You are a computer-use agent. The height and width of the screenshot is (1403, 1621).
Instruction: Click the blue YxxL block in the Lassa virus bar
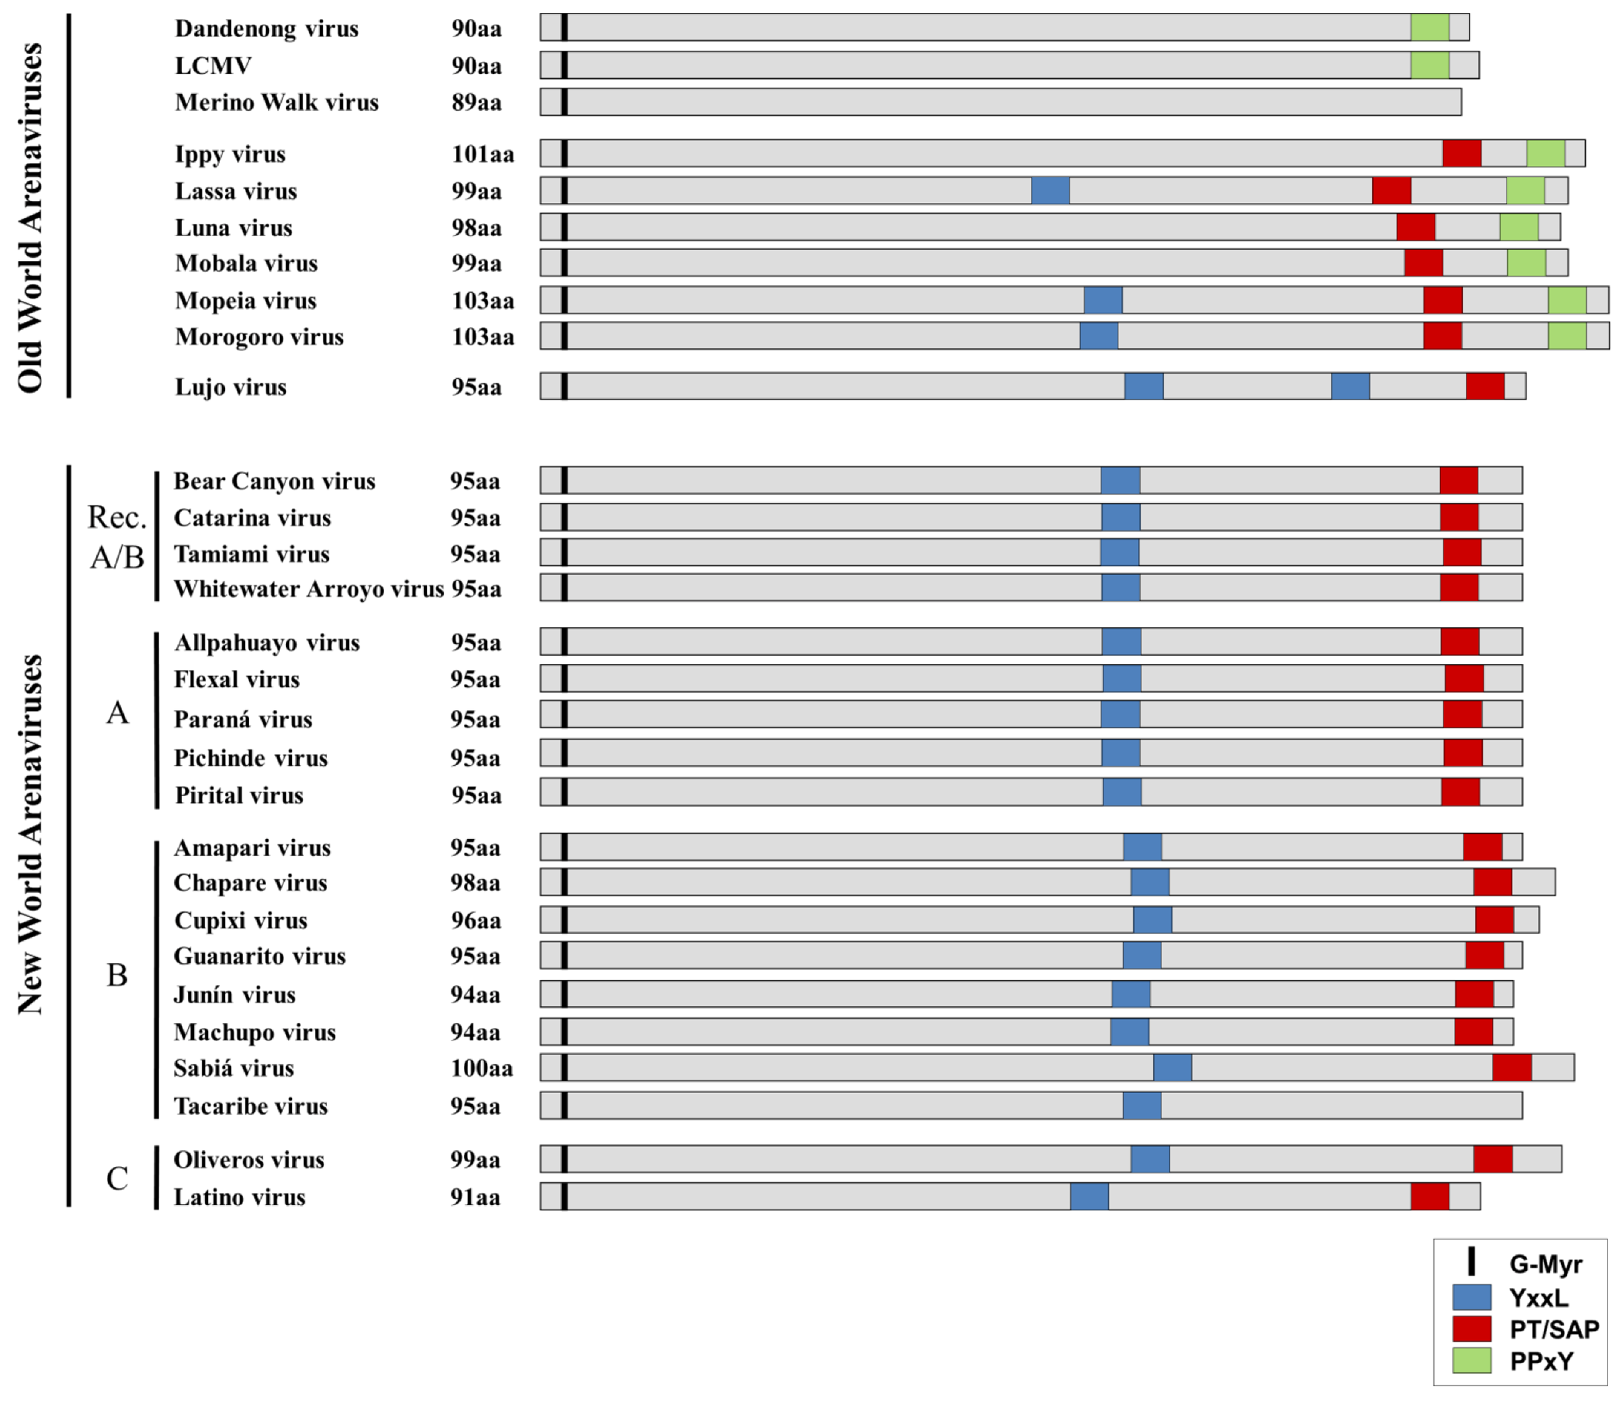1050,191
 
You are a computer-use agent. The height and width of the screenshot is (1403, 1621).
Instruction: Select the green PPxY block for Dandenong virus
1429,28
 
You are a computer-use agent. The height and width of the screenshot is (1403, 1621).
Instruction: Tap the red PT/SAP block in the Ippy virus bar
1461,153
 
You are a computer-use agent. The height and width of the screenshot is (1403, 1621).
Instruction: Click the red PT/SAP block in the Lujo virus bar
1485,386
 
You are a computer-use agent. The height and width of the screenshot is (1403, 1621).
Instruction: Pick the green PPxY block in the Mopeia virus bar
1567,300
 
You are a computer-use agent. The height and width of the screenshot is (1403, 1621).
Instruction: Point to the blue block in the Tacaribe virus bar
1142,1106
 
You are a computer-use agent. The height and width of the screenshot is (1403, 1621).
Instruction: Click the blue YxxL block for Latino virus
1089,1197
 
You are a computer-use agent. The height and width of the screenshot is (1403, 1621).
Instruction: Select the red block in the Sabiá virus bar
1512,1067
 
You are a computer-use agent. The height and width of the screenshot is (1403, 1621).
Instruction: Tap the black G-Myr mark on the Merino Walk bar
563,102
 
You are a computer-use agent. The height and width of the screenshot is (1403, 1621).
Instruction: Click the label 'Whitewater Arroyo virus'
308,589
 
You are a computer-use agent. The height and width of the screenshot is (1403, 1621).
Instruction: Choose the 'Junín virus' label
234,995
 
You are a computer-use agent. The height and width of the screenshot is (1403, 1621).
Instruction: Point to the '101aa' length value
483,154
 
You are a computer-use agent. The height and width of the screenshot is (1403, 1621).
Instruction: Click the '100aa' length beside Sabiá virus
482,1068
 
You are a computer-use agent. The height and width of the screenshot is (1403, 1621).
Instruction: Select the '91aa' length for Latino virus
475,1197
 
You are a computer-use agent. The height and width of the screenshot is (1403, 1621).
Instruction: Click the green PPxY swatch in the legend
1471,1361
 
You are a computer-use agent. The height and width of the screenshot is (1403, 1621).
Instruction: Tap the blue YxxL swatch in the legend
1471,1297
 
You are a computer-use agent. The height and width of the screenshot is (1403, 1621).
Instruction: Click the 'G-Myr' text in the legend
1545,1264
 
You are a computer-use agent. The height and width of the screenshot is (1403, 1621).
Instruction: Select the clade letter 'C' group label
117,1178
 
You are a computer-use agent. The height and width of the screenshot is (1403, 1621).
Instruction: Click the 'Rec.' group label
116,518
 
